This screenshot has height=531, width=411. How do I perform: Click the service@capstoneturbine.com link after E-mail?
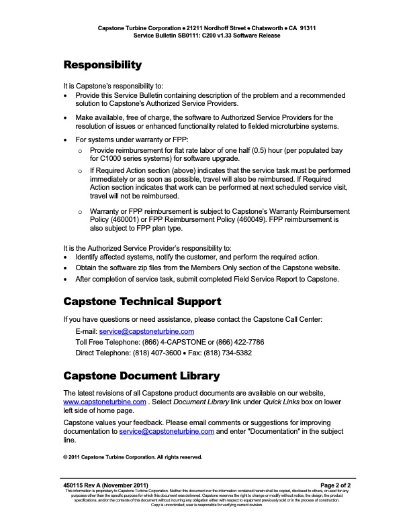(146, 331)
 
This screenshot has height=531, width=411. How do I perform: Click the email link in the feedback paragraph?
(167, 432)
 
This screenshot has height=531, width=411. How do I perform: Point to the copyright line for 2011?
(132, 457)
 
